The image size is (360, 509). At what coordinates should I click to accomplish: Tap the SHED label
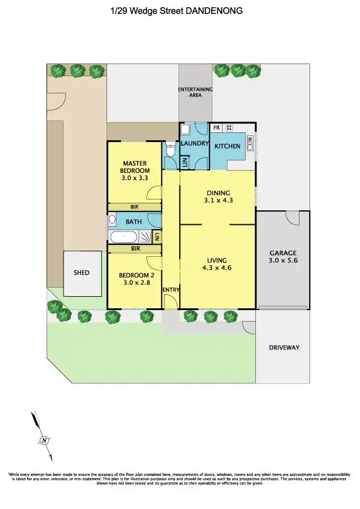point(82,273)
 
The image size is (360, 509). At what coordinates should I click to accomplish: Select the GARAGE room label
point(283,253)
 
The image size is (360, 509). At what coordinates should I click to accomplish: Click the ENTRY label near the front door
point(171,290)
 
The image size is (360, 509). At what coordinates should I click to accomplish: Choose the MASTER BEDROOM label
point(136,166)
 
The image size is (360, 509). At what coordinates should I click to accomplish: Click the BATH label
point(134,221)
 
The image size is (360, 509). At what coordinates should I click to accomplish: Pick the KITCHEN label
point(227,146)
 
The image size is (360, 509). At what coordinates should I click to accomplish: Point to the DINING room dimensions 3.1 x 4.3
point(218,199)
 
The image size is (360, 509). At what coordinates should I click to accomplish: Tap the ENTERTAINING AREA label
point(195,92)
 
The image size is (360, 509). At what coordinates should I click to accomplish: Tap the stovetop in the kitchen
point(229,128)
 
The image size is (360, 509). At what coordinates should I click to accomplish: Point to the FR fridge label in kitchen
point(215,128)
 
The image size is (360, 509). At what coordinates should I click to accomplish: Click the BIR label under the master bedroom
point(134,206)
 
